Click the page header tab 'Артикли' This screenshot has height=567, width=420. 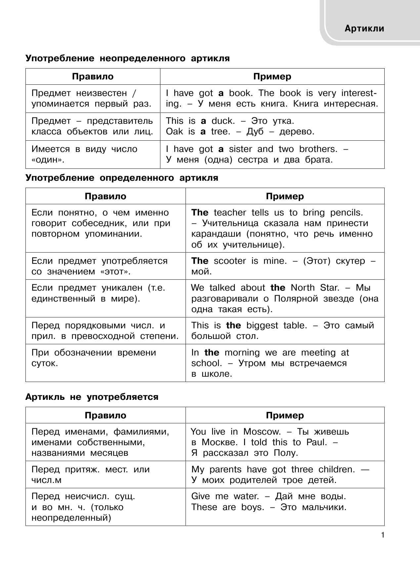tap(364, 28)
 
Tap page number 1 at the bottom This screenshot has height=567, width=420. tap(383, 535)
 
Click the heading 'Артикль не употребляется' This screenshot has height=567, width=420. tap(92, 397)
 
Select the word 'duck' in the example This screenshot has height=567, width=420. tap(223, 121)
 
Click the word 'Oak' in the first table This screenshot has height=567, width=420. tap(174, 132)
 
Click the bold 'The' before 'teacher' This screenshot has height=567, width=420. tap(200, 213)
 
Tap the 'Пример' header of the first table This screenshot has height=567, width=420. tap(272, 77)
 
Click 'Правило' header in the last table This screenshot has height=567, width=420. tap(105, 415)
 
